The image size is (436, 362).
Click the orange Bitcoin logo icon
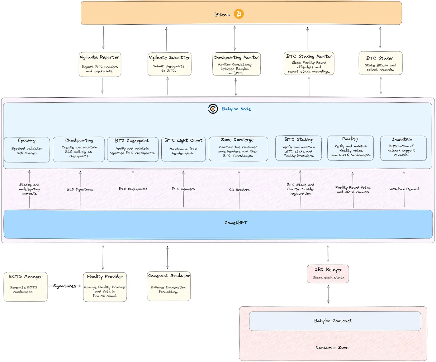239,14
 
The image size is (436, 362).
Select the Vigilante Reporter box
100,65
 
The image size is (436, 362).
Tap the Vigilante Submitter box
169,64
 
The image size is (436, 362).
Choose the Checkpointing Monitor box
236,64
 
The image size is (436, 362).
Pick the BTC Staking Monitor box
309,63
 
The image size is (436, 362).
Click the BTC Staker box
381,63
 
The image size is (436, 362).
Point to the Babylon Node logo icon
213,109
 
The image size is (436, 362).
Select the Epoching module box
27,150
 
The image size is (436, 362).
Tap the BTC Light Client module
183,149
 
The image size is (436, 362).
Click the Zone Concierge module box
238,149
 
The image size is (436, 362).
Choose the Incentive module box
403,148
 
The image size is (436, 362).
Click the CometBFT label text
236,223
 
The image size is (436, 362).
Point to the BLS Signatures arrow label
80,189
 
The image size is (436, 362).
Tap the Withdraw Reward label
404,189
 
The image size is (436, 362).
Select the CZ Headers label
239,190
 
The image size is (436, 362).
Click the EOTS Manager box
26,287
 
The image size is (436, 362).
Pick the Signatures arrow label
64,286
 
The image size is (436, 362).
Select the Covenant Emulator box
169,286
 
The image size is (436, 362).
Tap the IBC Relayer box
328,274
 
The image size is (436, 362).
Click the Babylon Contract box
335,321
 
